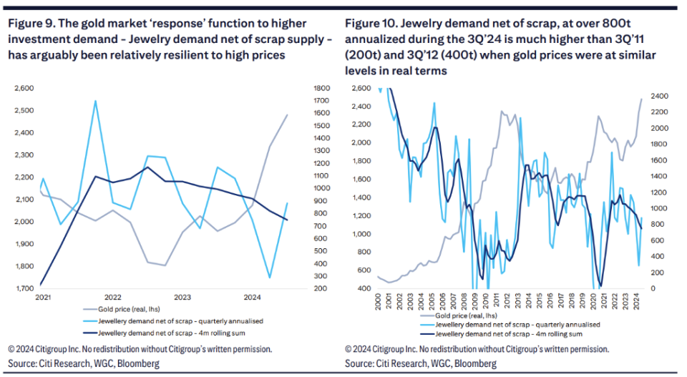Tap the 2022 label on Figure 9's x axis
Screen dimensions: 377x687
tap(112, 297)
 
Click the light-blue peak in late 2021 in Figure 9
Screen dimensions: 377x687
tap(95, 101)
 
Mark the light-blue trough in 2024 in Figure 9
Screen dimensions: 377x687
tap(269, 278)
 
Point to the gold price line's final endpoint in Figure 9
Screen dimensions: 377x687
tap(288, 114)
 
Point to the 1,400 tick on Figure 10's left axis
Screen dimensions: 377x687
tap(361, 197)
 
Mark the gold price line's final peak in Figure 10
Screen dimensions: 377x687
tap(641, 99)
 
